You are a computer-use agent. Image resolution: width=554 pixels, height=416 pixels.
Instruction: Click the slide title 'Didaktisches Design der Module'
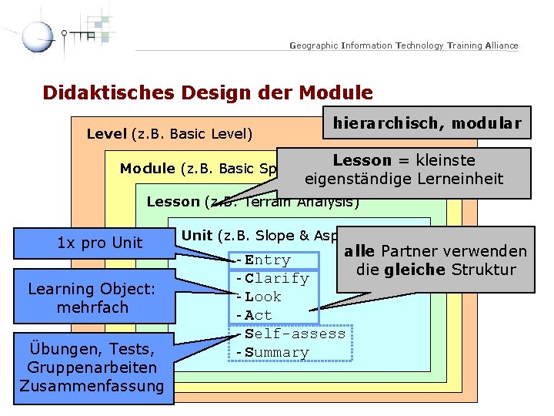pyautogui.click(x=208, y=93)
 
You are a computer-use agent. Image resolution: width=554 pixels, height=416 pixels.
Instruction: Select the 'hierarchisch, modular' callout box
pyautogui.click(x=427, y=122)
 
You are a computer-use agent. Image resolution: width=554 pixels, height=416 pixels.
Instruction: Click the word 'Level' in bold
pyautogui.click(x=107, y=134)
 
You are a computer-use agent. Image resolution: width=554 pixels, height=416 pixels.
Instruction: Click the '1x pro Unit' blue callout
pyautogui.click(x=100, y=243)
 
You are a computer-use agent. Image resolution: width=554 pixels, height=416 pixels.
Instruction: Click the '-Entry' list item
pyautogui.click(x=263, y=260)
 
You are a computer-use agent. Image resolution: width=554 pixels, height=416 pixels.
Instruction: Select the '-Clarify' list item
pyautogui.click(x=272, y=278)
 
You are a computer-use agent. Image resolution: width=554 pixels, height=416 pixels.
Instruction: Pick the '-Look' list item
pyautogui.click(x=259, y=297)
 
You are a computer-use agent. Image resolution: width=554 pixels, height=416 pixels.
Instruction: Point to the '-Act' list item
pyautogui.click(x=254, y=315)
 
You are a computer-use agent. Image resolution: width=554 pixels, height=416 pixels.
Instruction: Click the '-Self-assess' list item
pyautogui.click(x=291, y=334)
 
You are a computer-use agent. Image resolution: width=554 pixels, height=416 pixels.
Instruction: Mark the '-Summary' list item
pyautogui.click(x=272, y=352)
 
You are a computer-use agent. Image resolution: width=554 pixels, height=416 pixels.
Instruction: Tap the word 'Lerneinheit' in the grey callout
pyautogui.click(x=464, y=179)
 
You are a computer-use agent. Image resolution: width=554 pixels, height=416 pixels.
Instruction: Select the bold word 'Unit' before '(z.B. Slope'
pyautogui.click(x=198, y=236)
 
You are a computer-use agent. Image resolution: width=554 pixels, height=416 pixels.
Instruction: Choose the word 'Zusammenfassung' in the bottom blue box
pyautogui.click(x=92, y=386)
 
